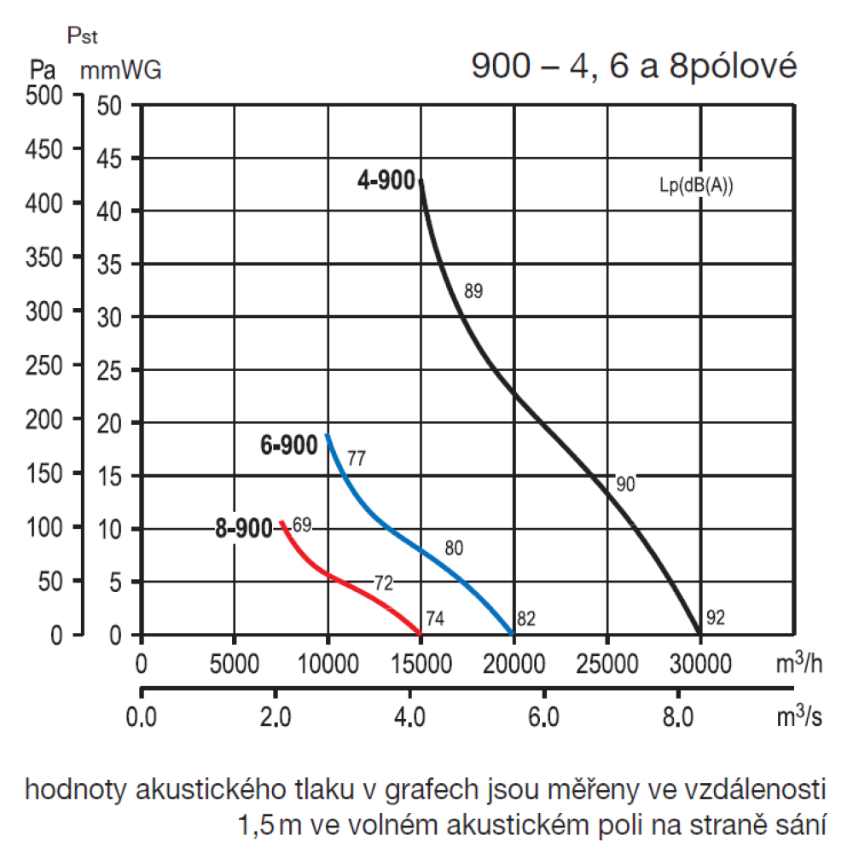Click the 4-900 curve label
click(386, 181)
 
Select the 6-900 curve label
click(289, 444)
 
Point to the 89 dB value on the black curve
click(473, 292)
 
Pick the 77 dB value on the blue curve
click(357, 458)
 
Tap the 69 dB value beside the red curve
click(302, 524)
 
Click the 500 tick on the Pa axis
click(45, 96)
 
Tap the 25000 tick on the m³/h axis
click(606, 663)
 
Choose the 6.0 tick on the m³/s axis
click(543, 717)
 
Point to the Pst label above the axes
click(83, 38)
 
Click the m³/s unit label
click(799, 717)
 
